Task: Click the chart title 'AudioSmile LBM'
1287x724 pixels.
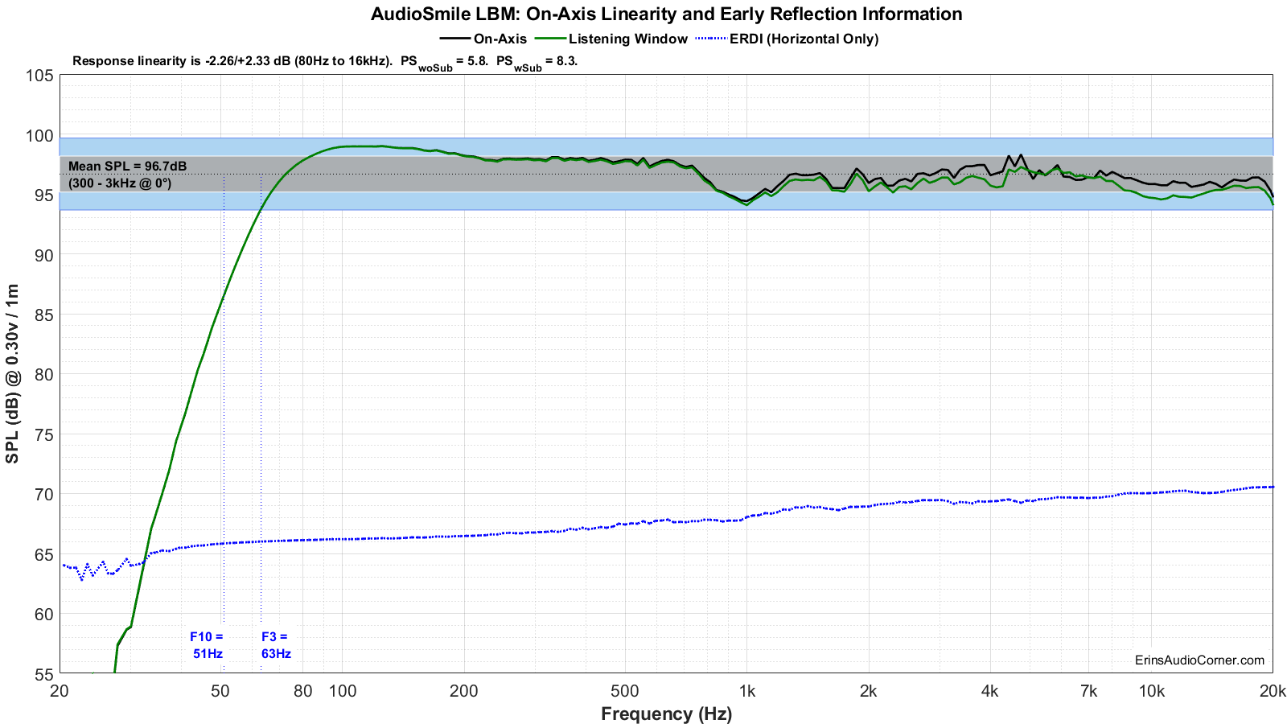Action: point(444,14)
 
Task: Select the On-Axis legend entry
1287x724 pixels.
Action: point(483,39)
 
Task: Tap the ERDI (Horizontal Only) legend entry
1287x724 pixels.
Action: point(787,39)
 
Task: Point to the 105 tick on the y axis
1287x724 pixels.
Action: point(39,76)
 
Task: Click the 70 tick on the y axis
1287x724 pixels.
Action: point(39,494)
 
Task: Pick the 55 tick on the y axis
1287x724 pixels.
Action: point(39,673)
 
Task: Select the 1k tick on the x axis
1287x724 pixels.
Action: point(747,691)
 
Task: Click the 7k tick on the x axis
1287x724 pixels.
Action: point(1089,691)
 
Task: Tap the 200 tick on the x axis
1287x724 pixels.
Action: point(463,691)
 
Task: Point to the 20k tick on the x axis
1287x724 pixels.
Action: point(1272,691)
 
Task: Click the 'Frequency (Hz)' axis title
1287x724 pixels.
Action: point(667,714)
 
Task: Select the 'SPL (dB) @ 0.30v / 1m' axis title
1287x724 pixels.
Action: point(12,373)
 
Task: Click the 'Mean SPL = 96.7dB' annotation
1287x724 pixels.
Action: point(128,166)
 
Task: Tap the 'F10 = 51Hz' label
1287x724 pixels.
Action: point(207,644)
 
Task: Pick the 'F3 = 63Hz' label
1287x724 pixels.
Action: point(276,644)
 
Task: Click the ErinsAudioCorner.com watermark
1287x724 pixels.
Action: point(1199,660)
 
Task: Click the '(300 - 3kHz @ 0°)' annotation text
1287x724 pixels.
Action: point(120,183)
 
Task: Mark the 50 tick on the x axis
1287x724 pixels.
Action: point(220,691)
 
